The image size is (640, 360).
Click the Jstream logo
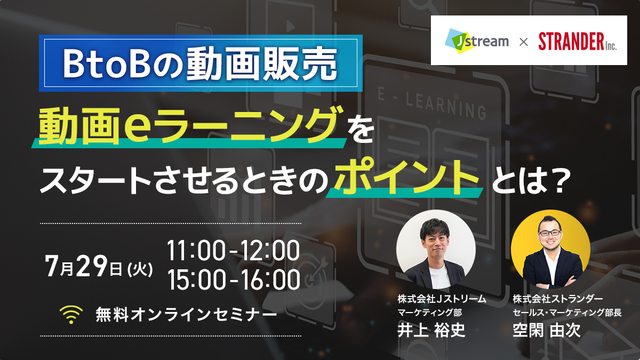pos(477,41)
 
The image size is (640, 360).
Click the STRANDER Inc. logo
pos(577,42)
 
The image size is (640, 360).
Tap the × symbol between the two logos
pos(523,42)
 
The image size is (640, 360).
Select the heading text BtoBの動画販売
pos(201,63)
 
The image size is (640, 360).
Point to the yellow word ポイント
pos(407,178)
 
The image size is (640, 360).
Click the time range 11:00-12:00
pos(233,251)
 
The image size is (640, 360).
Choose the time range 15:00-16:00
pos(233,279)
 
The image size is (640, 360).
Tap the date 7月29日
pos(83,266)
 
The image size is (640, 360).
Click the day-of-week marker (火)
pos(140,269)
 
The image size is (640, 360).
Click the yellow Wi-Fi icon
pos(71,314)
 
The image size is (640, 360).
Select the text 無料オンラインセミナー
pos(186,314)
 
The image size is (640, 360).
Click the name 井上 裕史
pos(431,330)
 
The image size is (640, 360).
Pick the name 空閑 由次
pos(547,330)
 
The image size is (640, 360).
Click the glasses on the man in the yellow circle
pos(549,233)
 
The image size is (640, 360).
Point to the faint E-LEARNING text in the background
pos(432,103)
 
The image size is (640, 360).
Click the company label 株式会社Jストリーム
pos(442,299)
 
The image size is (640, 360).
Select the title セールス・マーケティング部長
pos(567,313)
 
